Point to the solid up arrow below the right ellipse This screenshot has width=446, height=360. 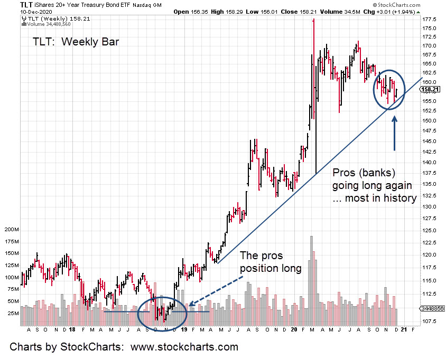[x=394, y=132]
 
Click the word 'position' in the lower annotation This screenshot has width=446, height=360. [x=260, y=268]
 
